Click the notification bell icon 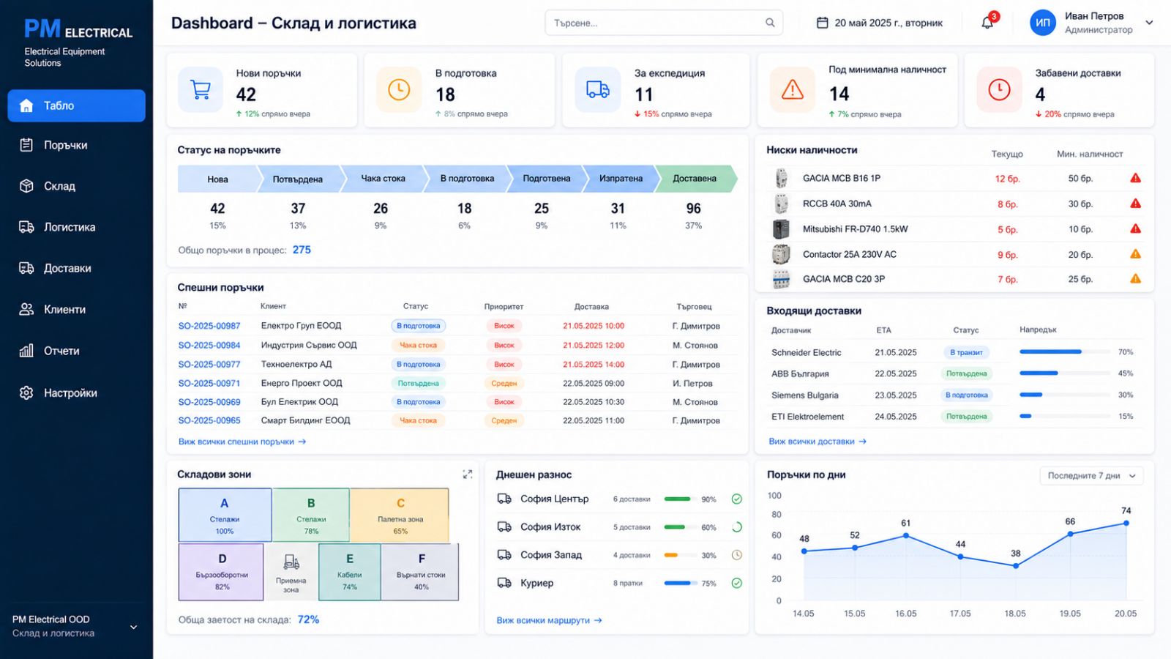point(987,23)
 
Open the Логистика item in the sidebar point(58,227)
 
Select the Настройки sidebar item point(58,392)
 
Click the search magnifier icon point(770,23)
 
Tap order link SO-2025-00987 point(209,326)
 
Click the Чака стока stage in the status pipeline point(383,179)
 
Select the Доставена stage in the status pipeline point(695,179)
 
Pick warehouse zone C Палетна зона point(400,515)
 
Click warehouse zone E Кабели point(349,572)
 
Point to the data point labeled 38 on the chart point(1015,566)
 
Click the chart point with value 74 point(1126,523)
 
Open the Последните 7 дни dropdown point(1091,476)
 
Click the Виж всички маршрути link point(549,620)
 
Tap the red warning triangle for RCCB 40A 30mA point(1135,204)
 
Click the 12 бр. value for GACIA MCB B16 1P point(1007,179)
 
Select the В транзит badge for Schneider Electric point(966,352)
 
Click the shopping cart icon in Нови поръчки point(201,89)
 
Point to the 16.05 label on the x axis point(905,614)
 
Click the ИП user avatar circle point(1042,23)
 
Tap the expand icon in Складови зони point(468,474)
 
